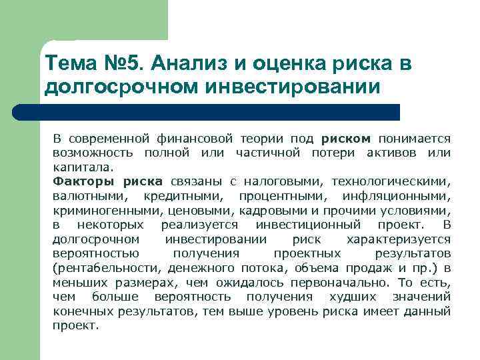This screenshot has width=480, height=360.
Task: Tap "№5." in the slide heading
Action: tap(122, 64)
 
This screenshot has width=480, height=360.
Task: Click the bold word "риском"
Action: tap(345, 139)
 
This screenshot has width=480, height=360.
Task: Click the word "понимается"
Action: tap(415, 139)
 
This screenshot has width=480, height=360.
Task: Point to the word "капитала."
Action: tap(78, 167)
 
